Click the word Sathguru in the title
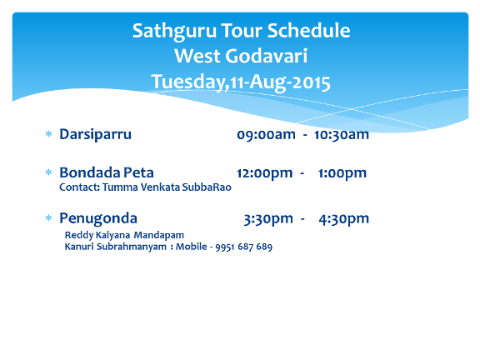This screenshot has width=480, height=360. point(174,31)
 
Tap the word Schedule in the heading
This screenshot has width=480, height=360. point(308,30)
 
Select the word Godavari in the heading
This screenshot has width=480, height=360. point(267,56)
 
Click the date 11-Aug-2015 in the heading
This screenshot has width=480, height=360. point(280,82)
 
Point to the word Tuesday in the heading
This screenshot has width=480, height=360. point(188,82)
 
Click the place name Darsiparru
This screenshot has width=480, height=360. point(96,135)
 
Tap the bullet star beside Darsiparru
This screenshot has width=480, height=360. point(48,134)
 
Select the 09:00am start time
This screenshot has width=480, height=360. point(266,135)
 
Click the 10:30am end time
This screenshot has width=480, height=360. point(342,135)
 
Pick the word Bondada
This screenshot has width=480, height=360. point(90,172)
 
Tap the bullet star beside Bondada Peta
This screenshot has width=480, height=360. point(48,172)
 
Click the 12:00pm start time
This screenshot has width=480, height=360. point(264,173)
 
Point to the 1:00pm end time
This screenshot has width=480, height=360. point(342,173)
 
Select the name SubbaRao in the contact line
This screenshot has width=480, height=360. point(207,187)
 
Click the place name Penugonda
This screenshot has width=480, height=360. point(98,219)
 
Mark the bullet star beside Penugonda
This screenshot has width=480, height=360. point(48,217)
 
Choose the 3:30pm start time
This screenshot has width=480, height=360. point(268,219)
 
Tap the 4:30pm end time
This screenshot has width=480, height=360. point(344,219)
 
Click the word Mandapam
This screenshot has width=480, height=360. point(159,235)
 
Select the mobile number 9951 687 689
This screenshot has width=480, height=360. point(244,247)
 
